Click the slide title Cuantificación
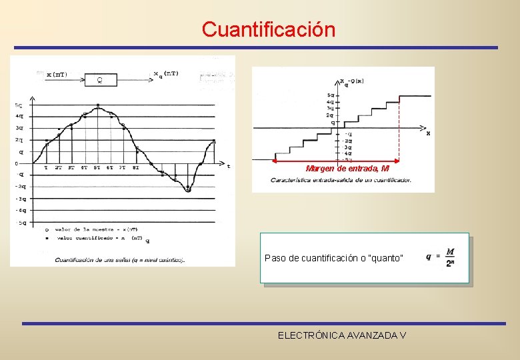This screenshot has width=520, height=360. point(268,29)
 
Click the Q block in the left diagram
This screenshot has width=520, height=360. point(100,81)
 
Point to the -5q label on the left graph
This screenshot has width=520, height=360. point(21,223)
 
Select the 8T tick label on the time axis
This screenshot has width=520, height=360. point(135,168)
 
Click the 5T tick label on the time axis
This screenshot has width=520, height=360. point(97,168)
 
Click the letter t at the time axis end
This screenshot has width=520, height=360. point(229,166)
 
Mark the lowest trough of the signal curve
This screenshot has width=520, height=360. point(188,190)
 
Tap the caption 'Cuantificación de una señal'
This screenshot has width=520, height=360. point(120,259)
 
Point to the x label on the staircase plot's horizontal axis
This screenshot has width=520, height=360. point(428,133)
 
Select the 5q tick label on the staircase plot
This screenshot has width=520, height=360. point(331,95)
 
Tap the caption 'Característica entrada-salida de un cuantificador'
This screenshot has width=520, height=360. point(341,180)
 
